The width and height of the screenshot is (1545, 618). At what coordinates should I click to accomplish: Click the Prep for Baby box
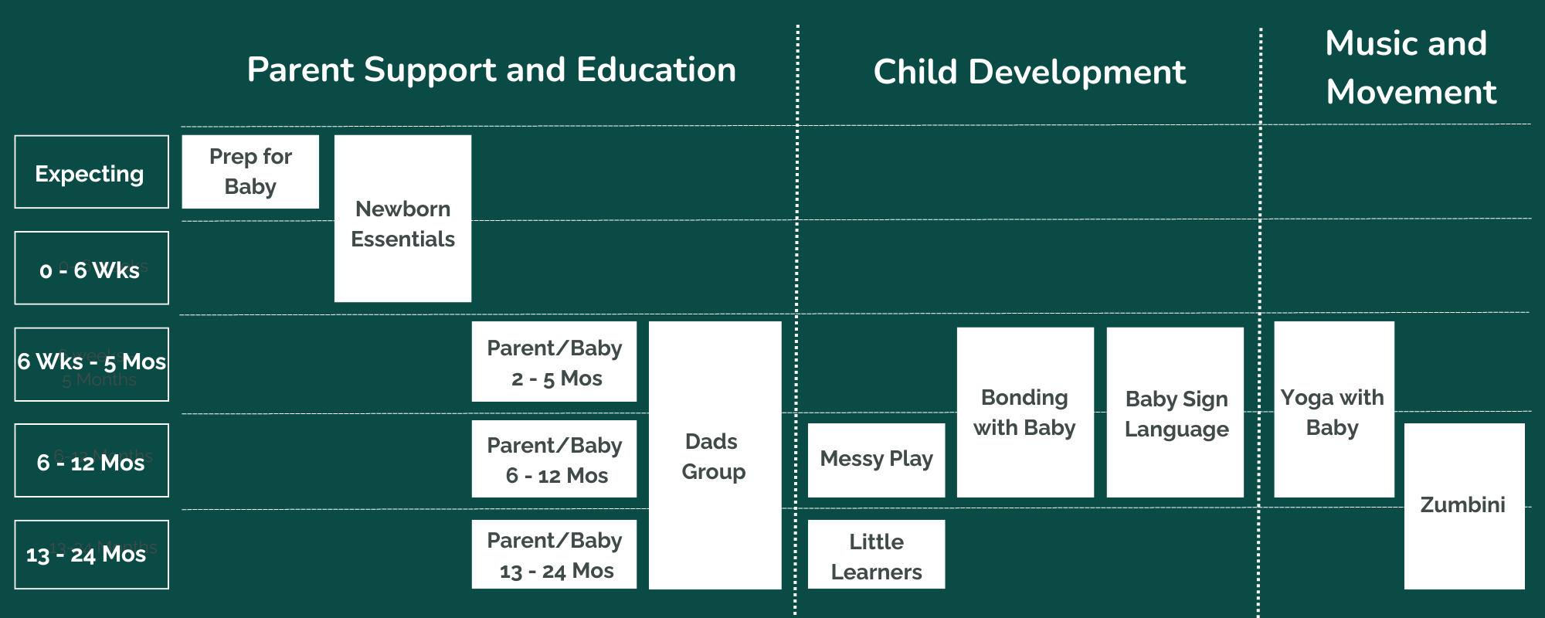pyautogui.click(x=250, y=171)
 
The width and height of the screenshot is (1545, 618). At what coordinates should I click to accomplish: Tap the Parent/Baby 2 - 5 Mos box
pyautogui.click(x=554, y=362)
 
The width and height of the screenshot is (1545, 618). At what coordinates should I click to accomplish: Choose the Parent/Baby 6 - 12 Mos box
pyautogui.click(x=554, y=459)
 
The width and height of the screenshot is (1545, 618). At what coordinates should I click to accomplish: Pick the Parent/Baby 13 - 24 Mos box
pyautogui.click(x=554, y=555)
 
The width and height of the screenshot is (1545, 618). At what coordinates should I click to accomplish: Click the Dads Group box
pyautogui.click(x=715, y=456)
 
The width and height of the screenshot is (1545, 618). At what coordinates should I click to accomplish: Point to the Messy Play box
pyautogui.click(x=876, y=460)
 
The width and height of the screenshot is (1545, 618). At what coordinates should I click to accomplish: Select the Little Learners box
pyautogui.click(x=876, y=555)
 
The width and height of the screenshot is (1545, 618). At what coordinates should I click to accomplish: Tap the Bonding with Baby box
pyautogui.click(x=1025, y=413)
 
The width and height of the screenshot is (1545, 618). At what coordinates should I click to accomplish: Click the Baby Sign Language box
pyautogui.click(x=1175, y=413)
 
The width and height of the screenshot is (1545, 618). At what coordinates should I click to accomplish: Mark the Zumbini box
pyautogui.click(x=1464, y=506)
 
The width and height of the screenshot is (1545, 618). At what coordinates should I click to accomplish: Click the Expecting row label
pyautogui.click(x=91, y=172)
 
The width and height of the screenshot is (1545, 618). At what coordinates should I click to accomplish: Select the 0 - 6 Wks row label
pyautogui.click(x=91, y=268)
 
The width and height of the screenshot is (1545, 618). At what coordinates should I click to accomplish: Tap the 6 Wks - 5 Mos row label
pyautogui.click(x=91, y=364)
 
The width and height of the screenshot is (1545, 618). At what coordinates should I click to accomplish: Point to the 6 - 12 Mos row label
pyautogui.click(x=91, y=460)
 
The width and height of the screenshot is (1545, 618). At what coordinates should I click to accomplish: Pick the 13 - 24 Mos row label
pyautogui.click(x=91, y=555)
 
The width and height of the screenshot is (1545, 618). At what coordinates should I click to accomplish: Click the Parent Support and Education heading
pyautogui.click(x=491, y=70)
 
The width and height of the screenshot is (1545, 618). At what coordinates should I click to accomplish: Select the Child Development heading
pyautogui.click(x=1029, y=72)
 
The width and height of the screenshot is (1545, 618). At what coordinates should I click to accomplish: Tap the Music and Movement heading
pyautogui.click(x=1410, y=67)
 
